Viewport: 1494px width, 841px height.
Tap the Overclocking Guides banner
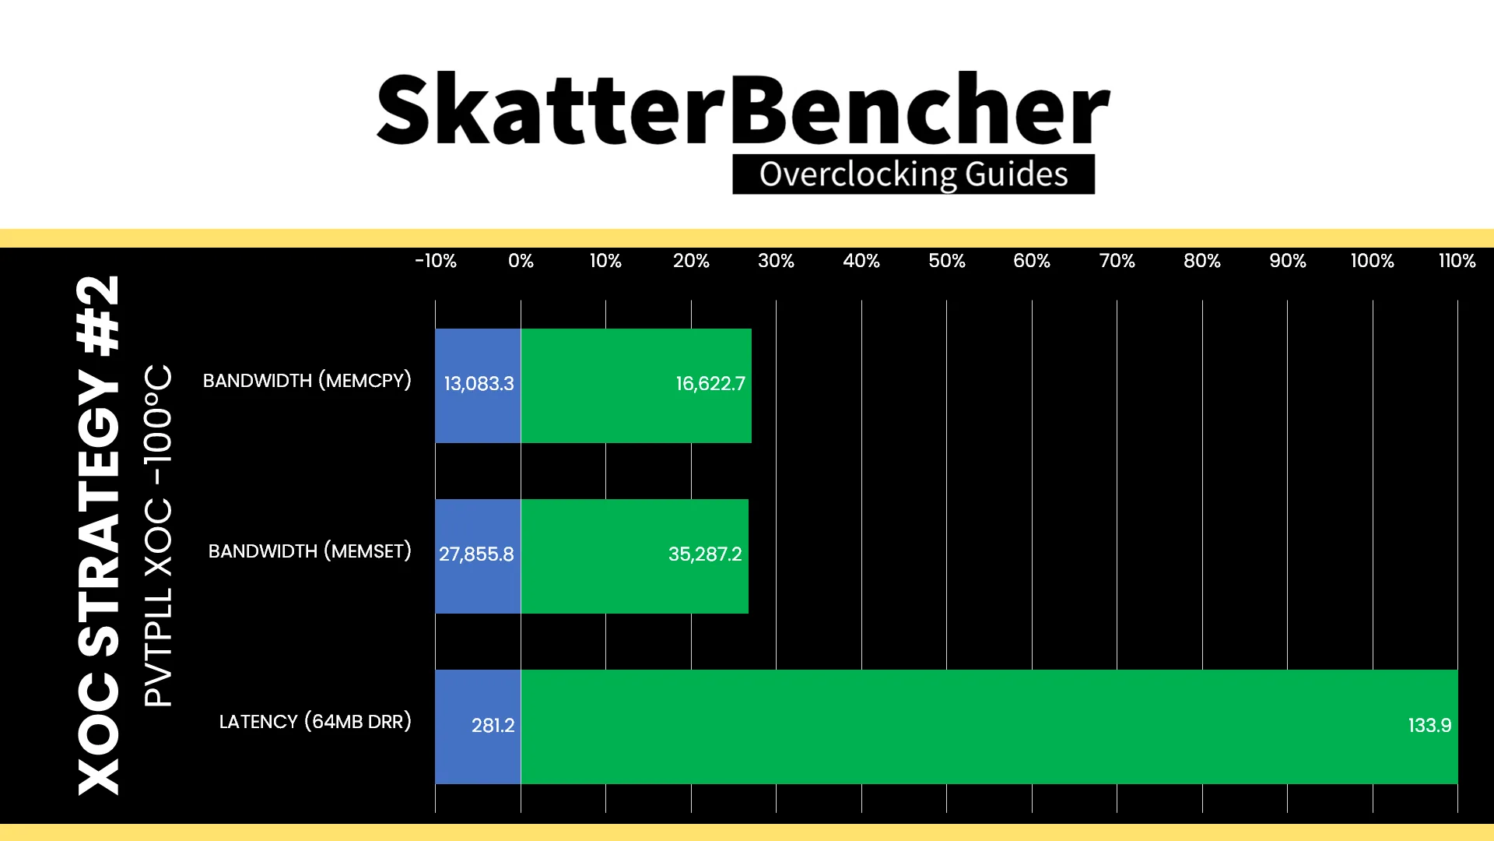914,174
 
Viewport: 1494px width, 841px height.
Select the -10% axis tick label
436,261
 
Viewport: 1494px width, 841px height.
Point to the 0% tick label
521,261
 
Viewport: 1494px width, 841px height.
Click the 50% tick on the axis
946,261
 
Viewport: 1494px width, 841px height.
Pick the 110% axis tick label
1457,261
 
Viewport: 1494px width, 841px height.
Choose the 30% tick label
776,261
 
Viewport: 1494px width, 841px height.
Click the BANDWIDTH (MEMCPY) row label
307,381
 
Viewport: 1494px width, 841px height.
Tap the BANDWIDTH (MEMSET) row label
310,551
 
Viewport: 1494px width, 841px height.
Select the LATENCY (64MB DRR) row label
315,722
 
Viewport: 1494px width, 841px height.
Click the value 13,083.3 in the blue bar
479,384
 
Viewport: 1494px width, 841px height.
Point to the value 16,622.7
710,384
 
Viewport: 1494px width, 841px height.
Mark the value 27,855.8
476,554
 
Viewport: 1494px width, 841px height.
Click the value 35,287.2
705,554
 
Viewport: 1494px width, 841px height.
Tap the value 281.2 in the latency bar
493,726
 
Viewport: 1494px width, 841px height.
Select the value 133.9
1429,726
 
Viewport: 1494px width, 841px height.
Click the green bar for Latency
989,727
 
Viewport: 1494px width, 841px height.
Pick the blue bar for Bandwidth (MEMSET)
478,556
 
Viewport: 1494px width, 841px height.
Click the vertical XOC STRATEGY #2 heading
99,535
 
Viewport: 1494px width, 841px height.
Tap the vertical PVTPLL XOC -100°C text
158,536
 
